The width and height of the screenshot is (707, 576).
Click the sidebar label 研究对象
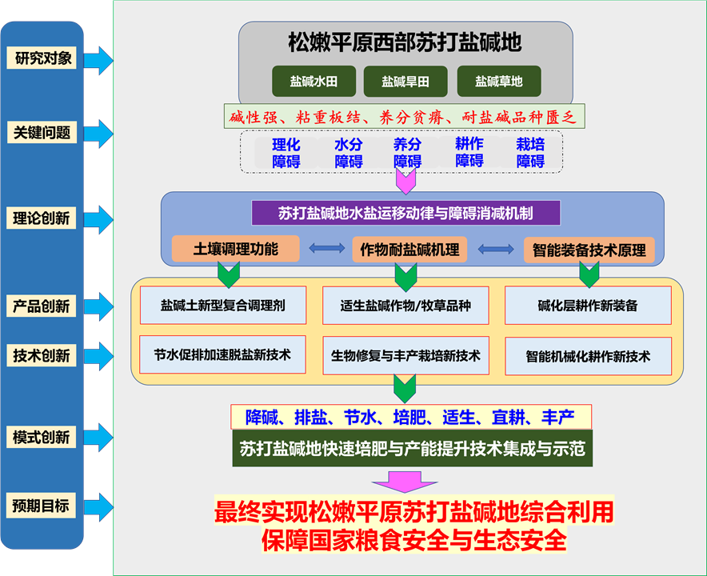point(43,58)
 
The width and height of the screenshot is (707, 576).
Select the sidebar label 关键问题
point(43,133)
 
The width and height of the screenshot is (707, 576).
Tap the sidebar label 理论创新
point(43,218)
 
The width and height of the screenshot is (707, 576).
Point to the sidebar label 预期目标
point(42,506)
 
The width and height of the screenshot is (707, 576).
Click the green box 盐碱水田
point(313,82)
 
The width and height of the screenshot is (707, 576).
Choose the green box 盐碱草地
point(499,82)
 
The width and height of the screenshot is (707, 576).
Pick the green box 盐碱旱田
point(405,82)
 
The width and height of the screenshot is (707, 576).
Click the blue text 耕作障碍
point(469,152)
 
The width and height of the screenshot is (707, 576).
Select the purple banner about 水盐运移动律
point(405,213)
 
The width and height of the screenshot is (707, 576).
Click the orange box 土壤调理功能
point(236,249)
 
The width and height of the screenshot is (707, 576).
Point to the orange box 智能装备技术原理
point(589,250)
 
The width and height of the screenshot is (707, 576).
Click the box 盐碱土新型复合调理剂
point(222,306)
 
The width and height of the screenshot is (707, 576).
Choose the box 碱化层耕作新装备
point(588,306)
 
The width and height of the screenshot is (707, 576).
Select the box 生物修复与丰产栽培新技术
point(405,355)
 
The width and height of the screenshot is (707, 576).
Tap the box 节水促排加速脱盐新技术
point(222,354)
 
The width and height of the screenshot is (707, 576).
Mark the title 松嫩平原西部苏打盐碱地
point(405,42)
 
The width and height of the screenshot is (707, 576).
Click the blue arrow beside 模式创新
point(99,438)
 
